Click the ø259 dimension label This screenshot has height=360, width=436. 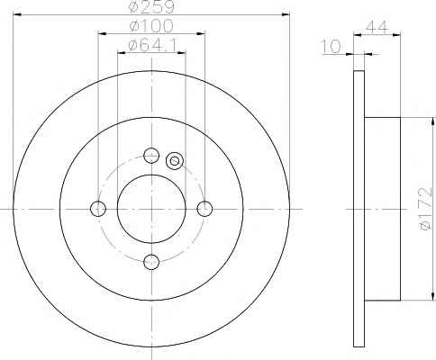[151, 6]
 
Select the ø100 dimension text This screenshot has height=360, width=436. [151, 26]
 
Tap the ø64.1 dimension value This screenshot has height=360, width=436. [151, 45]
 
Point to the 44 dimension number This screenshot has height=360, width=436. [377, 27]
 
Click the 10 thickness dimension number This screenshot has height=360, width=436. [332, 47]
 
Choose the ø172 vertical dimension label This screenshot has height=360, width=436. [425, 209]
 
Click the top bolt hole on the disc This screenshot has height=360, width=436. [151, 156]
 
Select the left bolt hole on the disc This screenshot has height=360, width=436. [98, 209]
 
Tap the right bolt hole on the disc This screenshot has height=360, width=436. [204, 209]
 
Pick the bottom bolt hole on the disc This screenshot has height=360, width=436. [151, 262]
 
